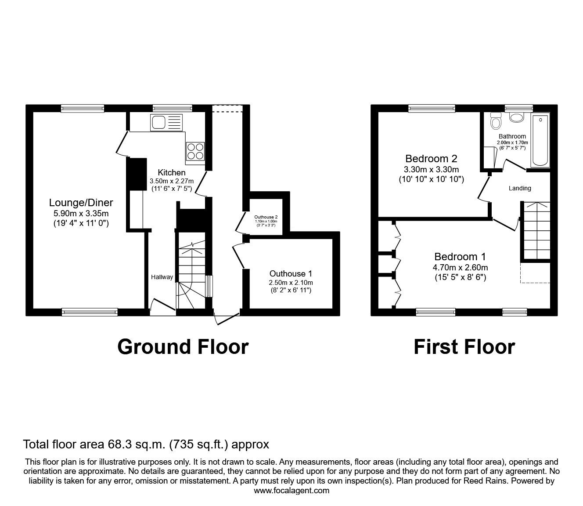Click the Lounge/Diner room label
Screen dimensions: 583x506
click(x=81, y=203)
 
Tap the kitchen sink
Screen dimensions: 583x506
click(x=166, y=123)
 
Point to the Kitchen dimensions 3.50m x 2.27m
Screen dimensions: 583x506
click(x=172, y=181)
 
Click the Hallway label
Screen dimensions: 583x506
click(x=162, y=277)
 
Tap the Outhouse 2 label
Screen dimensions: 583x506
click(x=266, y=217)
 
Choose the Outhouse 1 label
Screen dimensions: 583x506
click(x=291, y=273)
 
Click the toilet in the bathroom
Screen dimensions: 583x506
click(x=496, y=121)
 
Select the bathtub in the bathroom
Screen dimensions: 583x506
click(x=540, y=140)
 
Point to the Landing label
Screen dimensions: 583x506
click(x=520, y=188)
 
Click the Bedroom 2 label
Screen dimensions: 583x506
click(x=431, y=159)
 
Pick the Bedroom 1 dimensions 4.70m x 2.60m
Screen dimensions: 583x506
click(x=461, y=267)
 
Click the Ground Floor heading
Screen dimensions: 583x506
click(x=183, y=347)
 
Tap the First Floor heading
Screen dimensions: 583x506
click(x=464, y=347)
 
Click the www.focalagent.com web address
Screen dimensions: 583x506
click(x=291, y=491)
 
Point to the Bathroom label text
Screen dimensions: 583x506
click(x=512, y=136)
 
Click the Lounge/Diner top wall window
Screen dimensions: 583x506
click(x=83, y=109)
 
